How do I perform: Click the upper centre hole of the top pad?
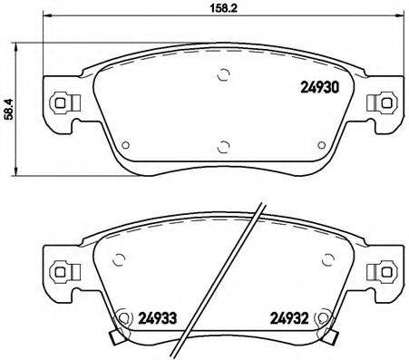pos(222,77)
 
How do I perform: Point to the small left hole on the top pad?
pos(127,142)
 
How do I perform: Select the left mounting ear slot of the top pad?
pos(61,102)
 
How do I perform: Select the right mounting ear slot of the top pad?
pos(385,102)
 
